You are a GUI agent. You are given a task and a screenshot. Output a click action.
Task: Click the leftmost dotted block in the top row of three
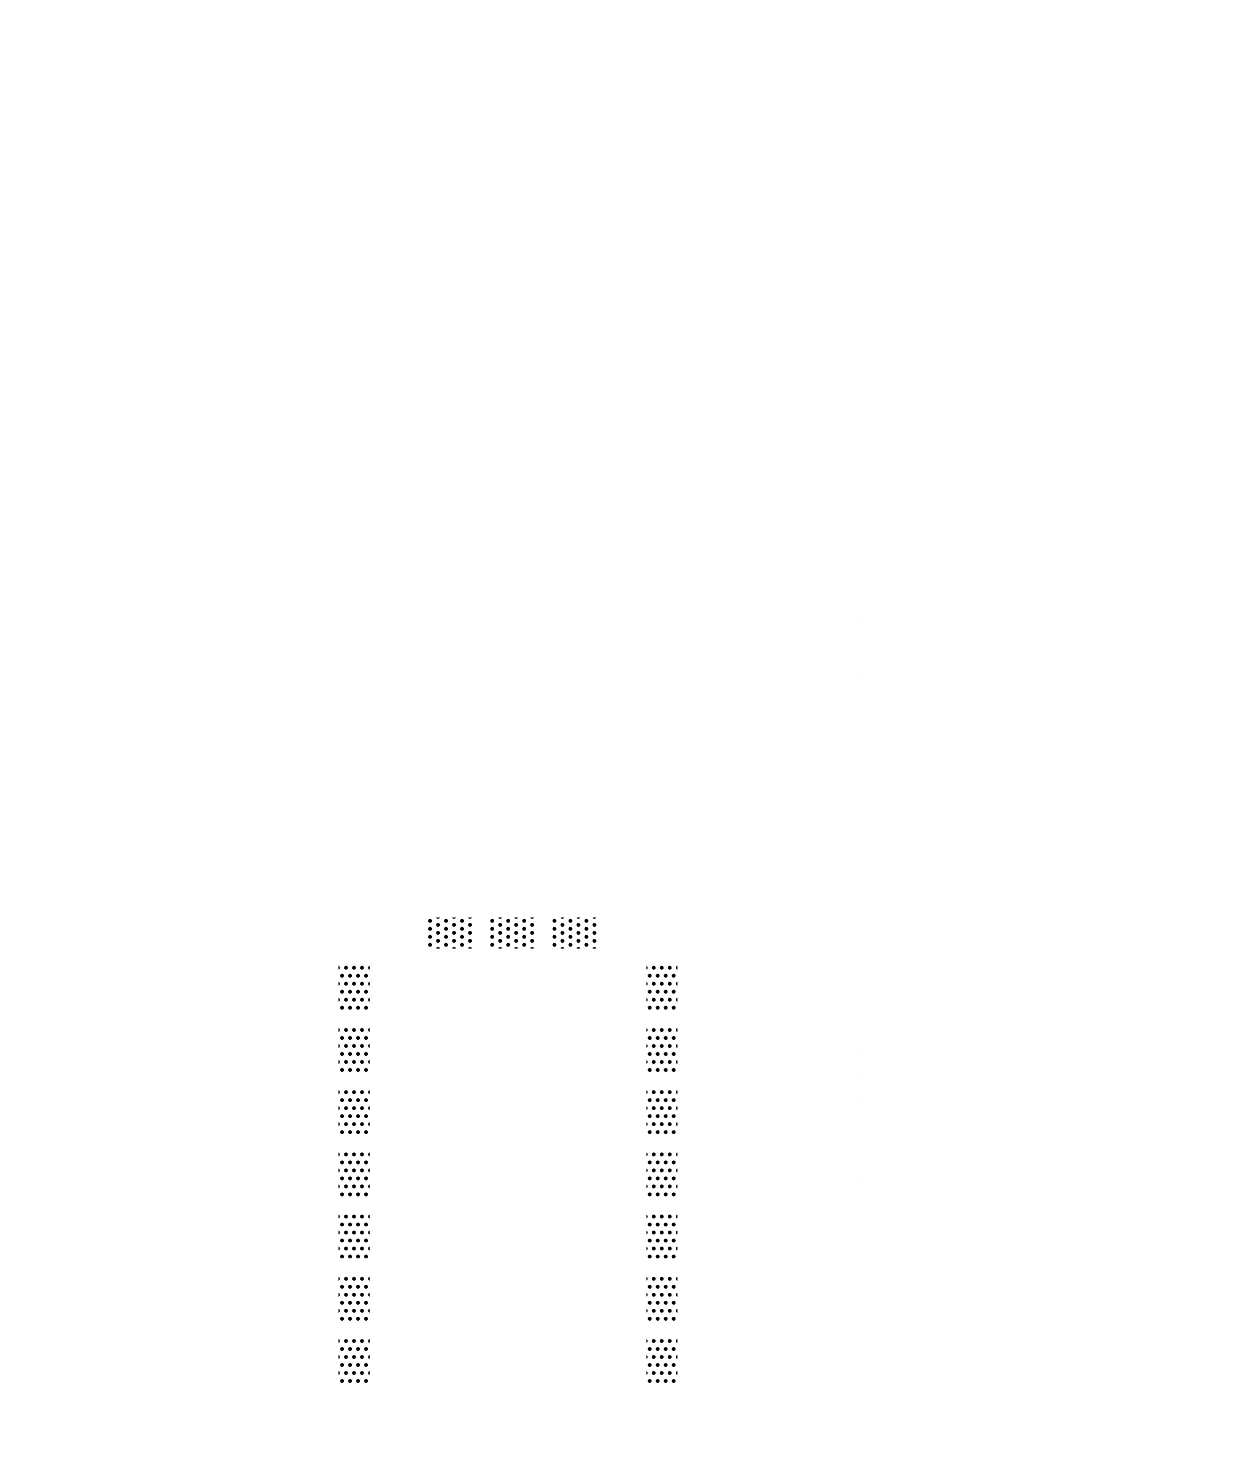pos(450,933)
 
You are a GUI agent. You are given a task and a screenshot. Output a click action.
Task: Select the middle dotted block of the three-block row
pos(512,933)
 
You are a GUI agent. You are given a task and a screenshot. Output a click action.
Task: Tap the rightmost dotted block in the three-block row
pos(575,933)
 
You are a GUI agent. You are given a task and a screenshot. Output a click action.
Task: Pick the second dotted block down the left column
pos(354,1049)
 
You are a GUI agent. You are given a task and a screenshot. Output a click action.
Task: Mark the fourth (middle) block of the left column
pos(354,1174)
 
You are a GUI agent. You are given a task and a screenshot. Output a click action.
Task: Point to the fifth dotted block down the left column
pos(354,1236)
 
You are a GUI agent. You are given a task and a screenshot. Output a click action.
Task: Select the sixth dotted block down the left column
pos(354,1298)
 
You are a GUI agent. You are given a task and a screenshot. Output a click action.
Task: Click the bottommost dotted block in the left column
pos(354,1360)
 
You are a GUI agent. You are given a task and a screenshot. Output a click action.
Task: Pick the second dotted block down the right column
pos(661,1049)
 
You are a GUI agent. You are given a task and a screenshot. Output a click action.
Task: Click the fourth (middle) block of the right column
pos(661,1174)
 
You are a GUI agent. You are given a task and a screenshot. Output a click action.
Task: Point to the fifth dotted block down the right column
pos(661,1236)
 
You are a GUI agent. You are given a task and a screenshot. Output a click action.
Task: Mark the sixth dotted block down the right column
pos(661,1298)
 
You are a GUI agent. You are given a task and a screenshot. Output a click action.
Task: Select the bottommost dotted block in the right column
pos(661,1360)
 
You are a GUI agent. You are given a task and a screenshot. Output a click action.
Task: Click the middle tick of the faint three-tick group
pos(860,648)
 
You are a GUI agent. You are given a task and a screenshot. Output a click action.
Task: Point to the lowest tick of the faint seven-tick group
pos(860,1178)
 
